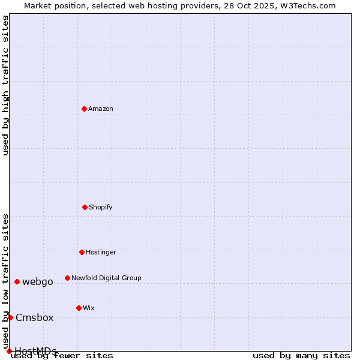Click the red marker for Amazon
[x=84, y=109]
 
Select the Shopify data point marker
[x=85, y=207]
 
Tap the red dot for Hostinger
[x=82, y=252]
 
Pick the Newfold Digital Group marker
[x=67, y=278]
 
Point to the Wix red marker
[x=79, y=308]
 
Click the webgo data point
[x=17, y=281]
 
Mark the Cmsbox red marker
[x=10, y=317]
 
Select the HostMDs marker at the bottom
[x=9, y=351]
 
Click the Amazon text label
[x=101, y=109]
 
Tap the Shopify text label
[x=101, y=208]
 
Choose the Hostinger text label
[x=101, y=253]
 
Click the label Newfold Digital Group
[x=106, y=278]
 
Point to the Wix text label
[x=89, y=308]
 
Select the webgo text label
[x=38, y=282]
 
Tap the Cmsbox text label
[x=35, y=318]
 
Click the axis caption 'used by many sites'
[x=301, y=356]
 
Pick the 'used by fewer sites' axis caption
[x=62, y=356]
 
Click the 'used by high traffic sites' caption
[x=5, y=85]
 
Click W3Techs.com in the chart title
[x=306, y=5]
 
